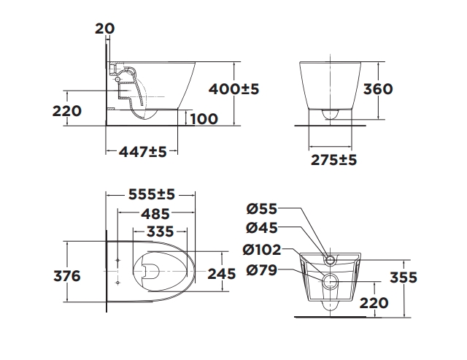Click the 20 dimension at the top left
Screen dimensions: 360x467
105,28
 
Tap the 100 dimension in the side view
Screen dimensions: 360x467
204,118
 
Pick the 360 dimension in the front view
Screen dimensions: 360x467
378,89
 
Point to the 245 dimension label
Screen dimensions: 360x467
221,274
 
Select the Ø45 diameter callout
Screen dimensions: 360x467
261,229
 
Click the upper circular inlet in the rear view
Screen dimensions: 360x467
329,260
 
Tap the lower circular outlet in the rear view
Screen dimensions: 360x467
330,282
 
